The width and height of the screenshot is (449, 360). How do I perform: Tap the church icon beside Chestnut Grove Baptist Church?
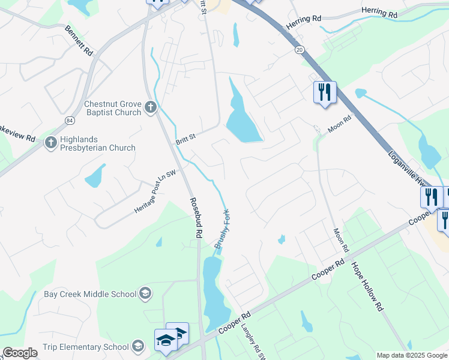tap(150, 108)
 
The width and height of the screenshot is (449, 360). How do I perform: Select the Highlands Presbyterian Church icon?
tap(50, 143)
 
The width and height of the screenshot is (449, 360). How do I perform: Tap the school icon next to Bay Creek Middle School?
tap(145, 293)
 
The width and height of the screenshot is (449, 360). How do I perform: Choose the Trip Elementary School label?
tap(85, 347)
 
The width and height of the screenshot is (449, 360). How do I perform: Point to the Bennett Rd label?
tap(79, 41)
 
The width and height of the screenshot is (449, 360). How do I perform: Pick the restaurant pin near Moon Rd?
tap(325, 92)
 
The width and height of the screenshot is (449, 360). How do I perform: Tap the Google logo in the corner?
tap(20, 353)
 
